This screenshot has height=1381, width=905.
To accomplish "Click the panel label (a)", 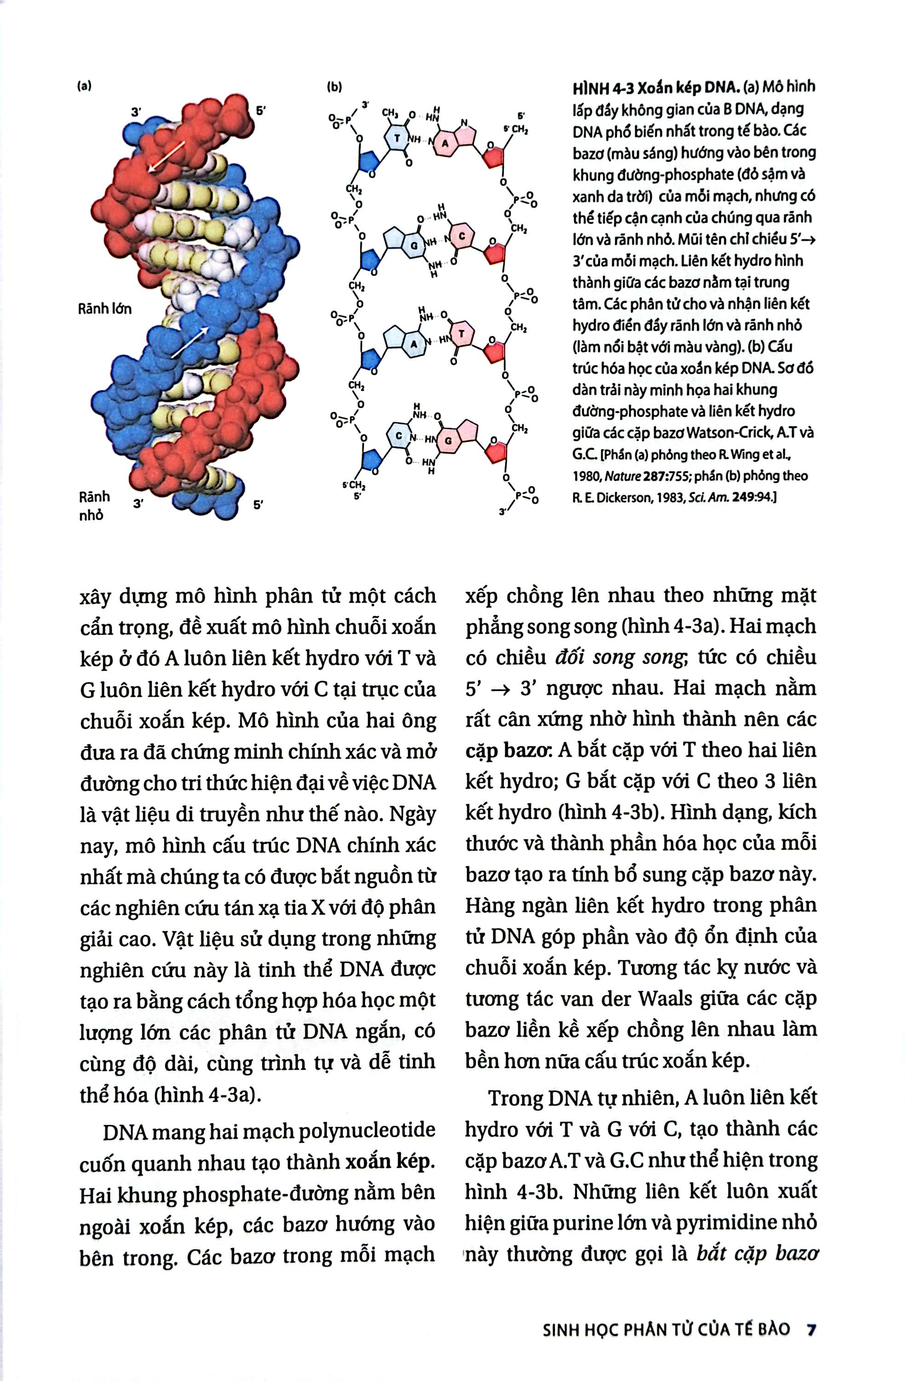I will [x=85, y=86].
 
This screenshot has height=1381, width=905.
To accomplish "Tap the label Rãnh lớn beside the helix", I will [x=105, y=309].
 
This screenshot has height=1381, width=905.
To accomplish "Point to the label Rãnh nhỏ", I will [x=94, y=505].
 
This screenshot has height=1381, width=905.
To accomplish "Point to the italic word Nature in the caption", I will [x=622, y=476].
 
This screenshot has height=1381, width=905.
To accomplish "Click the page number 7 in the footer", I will [x=812, y=1313].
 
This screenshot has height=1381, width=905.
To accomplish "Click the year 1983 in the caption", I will [x=666, y=498].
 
